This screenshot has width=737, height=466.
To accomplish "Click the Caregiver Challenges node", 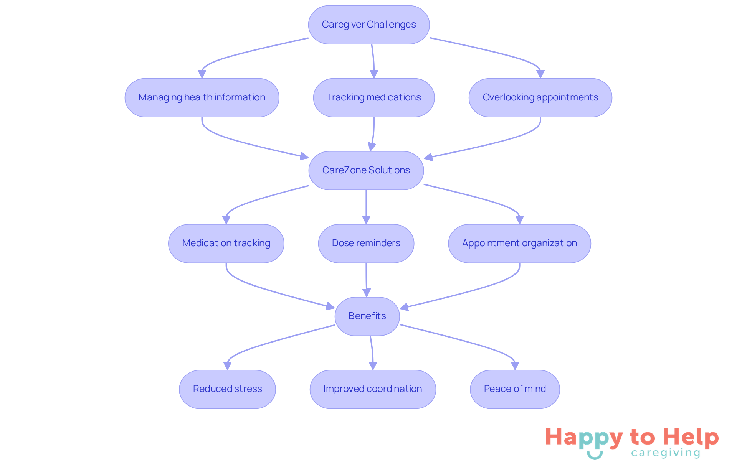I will [368, 25].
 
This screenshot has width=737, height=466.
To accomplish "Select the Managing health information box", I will [202, 97].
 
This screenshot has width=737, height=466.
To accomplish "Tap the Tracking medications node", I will [374, 97].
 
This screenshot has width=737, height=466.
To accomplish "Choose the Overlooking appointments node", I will [540, 97].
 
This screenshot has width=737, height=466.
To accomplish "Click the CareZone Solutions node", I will [366, 170].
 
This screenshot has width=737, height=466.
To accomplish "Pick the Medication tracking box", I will [226, 243].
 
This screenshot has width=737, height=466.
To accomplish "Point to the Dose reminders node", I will [366, 243].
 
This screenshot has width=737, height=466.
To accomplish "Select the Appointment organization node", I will [519, 243].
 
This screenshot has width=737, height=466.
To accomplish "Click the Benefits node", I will [367, 316].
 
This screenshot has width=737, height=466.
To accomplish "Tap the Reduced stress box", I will [227, 389].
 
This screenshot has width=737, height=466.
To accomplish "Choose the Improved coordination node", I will [372, 389].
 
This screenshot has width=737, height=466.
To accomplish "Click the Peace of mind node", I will [515, 389].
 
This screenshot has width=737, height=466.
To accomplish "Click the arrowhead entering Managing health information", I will [202, 74].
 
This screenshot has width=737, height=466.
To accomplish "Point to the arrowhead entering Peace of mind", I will [515, 366].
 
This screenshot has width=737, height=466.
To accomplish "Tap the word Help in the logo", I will [691, 438].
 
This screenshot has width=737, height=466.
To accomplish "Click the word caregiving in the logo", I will [666, 453].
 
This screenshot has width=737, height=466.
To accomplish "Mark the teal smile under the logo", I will [595, 455].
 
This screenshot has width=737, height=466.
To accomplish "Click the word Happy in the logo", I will [584, 438].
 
